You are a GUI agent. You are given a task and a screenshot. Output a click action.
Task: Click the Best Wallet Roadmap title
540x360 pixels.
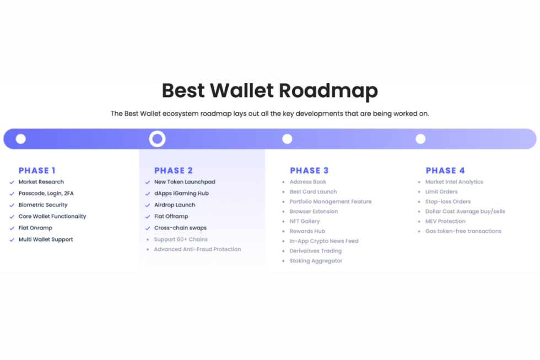coord(269,90)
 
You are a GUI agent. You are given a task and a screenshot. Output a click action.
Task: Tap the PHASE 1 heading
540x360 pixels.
coord(37,170)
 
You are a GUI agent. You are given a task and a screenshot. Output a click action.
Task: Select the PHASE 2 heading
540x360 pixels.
coord(173,170)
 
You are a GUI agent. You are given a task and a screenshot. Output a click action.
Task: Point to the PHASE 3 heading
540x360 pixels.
coord(309,170)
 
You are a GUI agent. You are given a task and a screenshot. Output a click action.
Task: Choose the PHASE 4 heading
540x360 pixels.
coord(445,170)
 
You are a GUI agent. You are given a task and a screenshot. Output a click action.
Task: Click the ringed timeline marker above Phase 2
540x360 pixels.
coord(158,131)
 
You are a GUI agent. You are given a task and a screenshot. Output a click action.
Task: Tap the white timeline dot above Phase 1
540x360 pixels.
coord(21,139)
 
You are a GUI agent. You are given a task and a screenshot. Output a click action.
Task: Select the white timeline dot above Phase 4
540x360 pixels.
coord(420,139)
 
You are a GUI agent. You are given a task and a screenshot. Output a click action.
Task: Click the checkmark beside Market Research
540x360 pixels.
coord(12,182)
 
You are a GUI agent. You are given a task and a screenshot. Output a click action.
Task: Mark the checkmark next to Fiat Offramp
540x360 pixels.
coord(148,217)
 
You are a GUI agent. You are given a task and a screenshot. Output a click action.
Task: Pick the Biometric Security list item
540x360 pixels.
coord(43,205)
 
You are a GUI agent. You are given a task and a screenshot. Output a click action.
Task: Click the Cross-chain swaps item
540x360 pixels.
coord(181,228)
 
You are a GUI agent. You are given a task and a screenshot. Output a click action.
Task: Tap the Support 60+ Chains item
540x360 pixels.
coord(181,239)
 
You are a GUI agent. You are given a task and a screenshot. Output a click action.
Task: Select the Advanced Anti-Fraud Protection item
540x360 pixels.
coord(197,249)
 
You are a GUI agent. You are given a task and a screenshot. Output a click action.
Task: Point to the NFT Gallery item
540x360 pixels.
coord(304,221)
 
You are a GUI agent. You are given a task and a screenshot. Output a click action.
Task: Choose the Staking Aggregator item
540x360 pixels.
coord(316,261)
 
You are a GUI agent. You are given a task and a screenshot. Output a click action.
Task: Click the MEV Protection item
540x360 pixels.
coord(445,221)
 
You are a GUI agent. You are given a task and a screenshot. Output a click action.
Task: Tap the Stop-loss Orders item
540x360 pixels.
coord(447,202)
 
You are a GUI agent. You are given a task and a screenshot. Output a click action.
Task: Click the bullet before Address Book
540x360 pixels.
coord(283,182)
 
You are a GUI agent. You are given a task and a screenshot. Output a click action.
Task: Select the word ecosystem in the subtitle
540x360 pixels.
coord(181,114)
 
